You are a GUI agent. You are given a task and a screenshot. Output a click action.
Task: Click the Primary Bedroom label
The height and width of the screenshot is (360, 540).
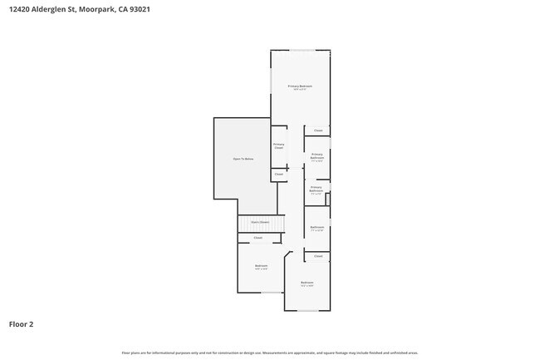(x=300, y=86)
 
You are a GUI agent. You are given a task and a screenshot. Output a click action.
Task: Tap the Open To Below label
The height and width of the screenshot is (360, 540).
(x=243, y=158)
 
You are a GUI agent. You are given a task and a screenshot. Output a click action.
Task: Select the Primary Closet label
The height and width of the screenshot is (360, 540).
(x=279, y=146)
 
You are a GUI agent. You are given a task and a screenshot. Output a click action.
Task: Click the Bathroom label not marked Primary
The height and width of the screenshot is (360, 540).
(x=317, y=227)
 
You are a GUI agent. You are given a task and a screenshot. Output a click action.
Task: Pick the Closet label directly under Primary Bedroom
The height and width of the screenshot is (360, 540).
(x=318, y=131)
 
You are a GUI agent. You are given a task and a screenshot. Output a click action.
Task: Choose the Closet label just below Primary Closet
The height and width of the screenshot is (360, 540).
(x=279, y=175)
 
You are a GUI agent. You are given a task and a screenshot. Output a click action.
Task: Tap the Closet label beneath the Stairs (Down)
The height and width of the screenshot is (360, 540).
(x=258, y=238)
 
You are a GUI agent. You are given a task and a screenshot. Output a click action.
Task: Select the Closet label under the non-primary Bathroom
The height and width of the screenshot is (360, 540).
(x=318, y=256)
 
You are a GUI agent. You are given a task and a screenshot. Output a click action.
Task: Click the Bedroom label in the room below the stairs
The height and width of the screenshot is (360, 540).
(x=261, y=266)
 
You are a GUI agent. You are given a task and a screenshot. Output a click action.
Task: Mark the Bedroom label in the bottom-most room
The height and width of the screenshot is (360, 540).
(x=307, y=284)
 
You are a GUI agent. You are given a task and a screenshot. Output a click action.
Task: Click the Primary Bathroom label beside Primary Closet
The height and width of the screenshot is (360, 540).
(x=317, y=155)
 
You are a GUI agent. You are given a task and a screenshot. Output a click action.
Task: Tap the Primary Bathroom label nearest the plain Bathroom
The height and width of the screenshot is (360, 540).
(x=316, y=189)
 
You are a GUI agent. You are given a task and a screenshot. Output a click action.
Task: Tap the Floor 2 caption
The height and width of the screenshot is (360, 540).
(x=21, y=324)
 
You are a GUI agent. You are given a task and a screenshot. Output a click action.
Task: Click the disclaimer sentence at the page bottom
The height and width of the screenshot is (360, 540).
(x=270, y=353)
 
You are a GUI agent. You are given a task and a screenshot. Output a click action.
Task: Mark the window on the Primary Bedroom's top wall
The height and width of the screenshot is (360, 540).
(x=300, y=51)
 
